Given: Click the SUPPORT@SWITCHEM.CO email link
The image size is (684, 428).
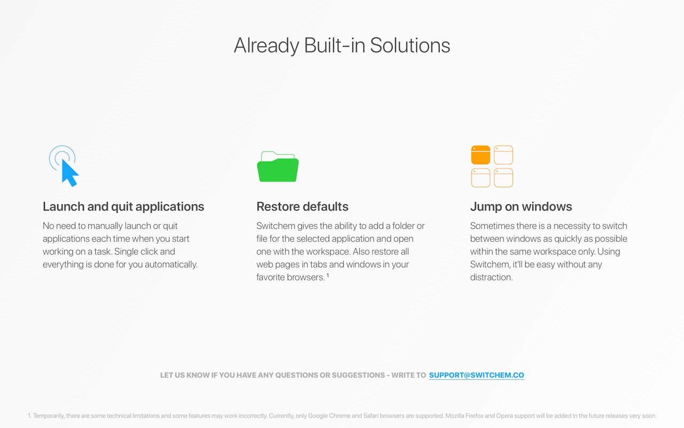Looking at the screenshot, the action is point(476,375).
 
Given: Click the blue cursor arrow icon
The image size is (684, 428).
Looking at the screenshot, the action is point(69,173).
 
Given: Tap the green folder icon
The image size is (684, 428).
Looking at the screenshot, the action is point(278,167).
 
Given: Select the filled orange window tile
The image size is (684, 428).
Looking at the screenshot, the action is point(480,155).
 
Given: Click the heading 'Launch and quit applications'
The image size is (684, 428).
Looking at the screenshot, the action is point(123,207).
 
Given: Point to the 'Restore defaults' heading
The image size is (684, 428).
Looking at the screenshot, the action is point(302,207).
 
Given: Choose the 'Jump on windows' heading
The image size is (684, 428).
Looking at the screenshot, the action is point(521,207).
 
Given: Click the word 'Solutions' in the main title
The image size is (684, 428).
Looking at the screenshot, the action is point(410,45).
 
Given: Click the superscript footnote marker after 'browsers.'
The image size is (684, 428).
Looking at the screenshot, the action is point(328,275).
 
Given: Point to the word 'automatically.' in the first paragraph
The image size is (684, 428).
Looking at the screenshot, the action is point(171,264).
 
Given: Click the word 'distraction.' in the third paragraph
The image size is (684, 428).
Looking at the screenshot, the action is point(491,277).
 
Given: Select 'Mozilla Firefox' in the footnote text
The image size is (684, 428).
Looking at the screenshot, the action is point(464,416).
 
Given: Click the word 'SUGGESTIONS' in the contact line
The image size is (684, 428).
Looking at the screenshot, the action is point(358,375).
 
